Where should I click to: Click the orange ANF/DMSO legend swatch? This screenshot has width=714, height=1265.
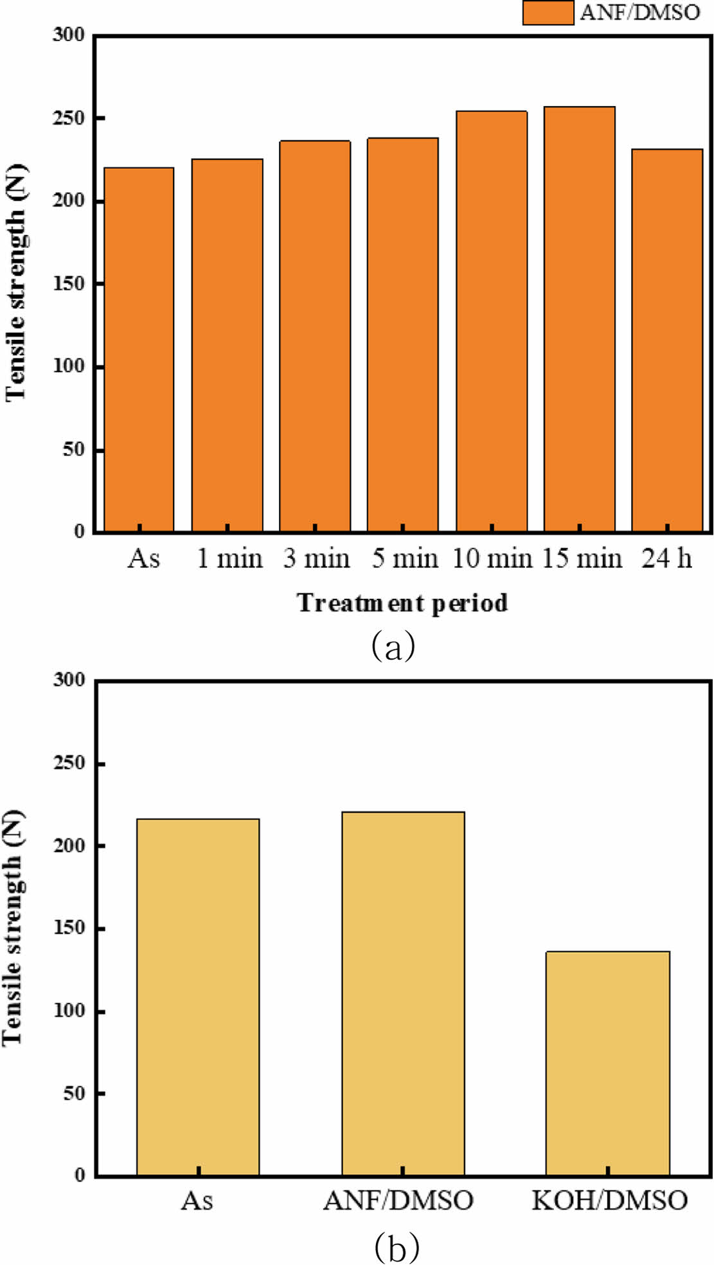tap(548, 12)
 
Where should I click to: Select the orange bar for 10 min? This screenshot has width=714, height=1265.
tap(492, 321)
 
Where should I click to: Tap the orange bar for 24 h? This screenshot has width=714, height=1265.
tap(667, 341)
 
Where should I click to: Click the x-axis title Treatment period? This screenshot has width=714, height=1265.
tap(402, 603)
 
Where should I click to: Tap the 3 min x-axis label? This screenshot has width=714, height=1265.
tap(316, 559)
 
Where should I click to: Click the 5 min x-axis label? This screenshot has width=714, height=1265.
tap(404, 559)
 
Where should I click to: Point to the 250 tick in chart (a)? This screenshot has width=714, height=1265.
tap(69, 118)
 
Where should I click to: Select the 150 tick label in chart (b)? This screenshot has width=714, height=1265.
tap(69, 928)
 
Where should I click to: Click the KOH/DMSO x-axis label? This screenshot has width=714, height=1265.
tap(609, 1200)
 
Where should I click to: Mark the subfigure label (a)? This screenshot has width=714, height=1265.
tap(393, 646)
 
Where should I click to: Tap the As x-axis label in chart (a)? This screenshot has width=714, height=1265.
tap(143, 559)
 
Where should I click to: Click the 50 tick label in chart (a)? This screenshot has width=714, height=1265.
tap(74, 450)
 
